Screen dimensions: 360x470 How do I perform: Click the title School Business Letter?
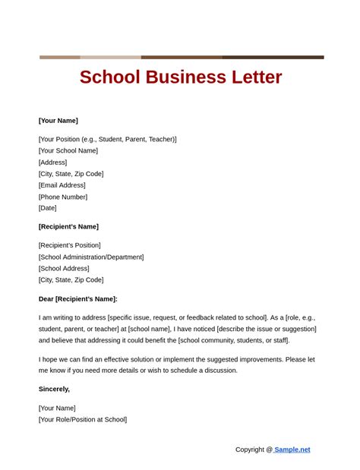tap(181, 77)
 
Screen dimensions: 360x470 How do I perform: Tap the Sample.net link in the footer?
tap(292, 449)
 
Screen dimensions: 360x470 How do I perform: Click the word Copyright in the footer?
tap(249, 449)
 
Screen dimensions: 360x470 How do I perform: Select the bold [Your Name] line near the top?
tap(58, 121)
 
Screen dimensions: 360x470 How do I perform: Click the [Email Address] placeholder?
tap(62, 185)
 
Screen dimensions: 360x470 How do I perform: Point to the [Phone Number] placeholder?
tap(63, 197)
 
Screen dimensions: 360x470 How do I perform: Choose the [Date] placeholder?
tap(48, 208)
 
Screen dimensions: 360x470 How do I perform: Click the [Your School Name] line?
tap(68, 150)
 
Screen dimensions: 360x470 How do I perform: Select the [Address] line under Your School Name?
tap(53, 162)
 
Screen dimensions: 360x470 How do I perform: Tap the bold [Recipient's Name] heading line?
tap(68, 226)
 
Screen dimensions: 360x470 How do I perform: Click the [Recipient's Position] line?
tap(69, 245)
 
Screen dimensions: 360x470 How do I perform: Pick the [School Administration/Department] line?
tap(91, 257)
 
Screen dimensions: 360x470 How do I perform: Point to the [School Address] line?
tap(64, 268)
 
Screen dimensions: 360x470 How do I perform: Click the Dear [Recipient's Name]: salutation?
tap(78, 299)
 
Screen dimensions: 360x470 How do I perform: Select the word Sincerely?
tap(54, 389)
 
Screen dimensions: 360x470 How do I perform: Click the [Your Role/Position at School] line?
tap(83, 419)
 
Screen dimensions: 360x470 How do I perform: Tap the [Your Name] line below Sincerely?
tap(57, 408)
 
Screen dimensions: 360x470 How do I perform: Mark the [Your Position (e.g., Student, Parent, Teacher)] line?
tap(108, 139)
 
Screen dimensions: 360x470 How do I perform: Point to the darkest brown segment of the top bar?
tap(273, 57)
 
